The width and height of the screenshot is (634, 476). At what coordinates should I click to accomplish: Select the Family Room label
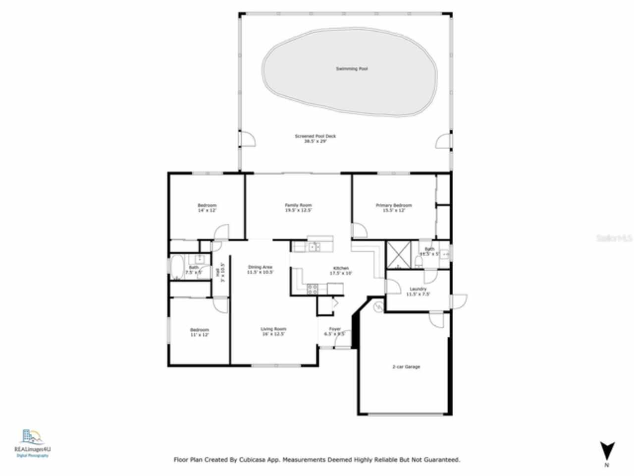coord(298,205)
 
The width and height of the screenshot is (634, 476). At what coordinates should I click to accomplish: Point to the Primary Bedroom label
coord(394,205)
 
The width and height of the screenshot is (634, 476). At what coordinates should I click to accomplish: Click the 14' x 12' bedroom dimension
coord(207,210)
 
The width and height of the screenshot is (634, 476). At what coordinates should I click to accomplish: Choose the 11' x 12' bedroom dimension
coord(200,335)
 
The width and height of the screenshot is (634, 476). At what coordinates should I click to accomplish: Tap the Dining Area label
coord(260,267)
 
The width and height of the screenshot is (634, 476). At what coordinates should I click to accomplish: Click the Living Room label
coord(273,329)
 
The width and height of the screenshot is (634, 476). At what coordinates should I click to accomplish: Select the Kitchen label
coord(341,268)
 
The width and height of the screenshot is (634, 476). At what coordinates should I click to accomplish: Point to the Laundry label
coord(418,289)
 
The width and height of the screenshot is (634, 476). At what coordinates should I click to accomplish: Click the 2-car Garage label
coord(406,367)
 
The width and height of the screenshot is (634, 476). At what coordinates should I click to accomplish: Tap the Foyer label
coord(335,329)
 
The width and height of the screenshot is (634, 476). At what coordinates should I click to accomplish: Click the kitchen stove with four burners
coord(313,289)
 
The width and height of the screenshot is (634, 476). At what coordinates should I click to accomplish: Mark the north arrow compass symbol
coord(607,452)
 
